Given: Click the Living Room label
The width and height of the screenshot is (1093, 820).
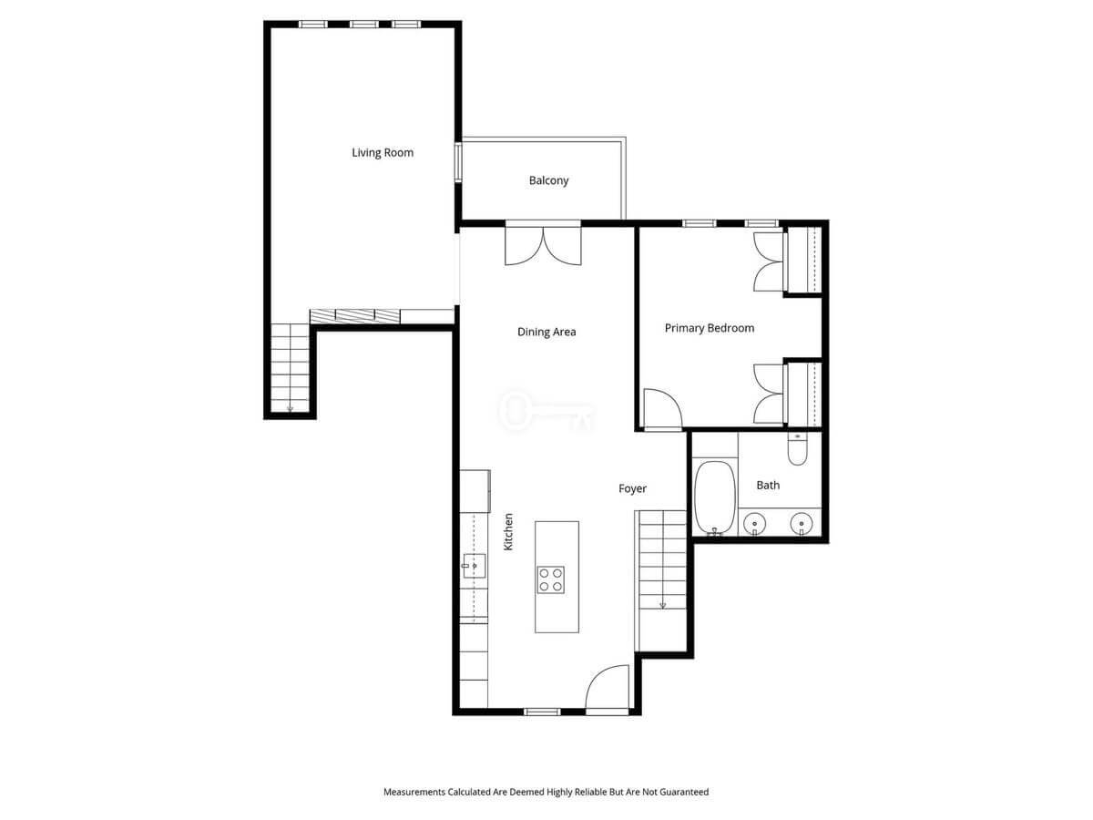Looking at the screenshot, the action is tap(383, 153).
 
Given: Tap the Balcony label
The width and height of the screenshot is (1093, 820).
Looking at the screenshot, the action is tap(548, 180).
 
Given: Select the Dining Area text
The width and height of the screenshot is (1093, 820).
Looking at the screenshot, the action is tap(546, 332).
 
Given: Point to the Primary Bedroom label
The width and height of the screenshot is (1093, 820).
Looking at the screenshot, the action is tap(709, 328).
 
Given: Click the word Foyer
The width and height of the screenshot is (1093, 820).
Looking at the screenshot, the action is tap(632, 489).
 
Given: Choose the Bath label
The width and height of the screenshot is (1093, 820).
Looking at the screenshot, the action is tap(768, 485).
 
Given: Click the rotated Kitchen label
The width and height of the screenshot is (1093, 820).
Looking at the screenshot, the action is tap(508, 532).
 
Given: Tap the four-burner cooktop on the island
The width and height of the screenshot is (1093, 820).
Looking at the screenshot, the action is tap(551, 579).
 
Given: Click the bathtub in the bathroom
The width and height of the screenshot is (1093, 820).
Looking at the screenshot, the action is tap(715, 497).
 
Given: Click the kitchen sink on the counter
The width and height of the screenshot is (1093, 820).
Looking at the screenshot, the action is tap(474, 566).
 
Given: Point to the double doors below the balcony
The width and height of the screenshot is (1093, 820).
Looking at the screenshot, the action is tap(543, 245).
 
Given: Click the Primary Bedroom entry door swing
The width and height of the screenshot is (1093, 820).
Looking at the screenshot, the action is tap(663, 408).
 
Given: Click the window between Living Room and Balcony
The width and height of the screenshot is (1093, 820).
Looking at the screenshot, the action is tap(458, 162).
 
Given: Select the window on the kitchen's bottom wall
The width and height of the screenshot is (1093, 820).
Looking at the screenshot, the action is tap(542, 712).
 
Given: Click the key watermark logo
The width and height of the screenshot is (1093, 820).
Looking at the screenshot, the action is tap(546, 411).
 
